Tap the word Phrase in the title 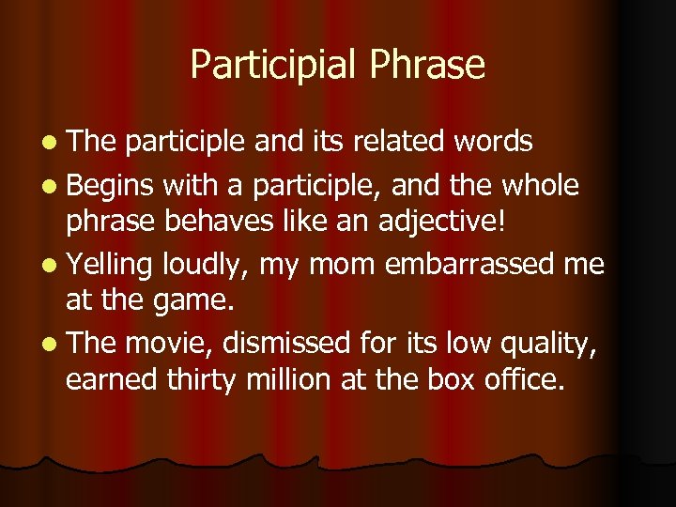pyautogui.click(x=428, y=65)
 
